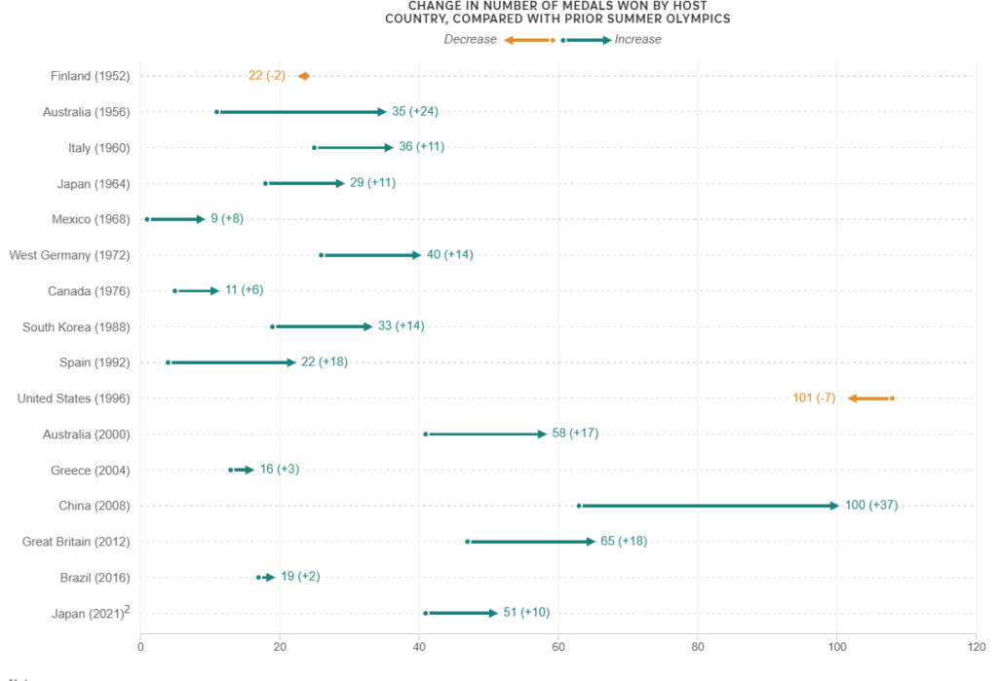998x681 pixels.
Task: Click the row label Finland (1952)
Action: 90,76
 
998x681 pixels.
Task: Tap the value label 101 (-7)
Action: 814,398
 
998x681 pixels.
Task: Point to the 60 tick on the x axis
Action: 558,645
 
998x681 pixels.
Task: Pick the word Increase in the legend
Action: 638,40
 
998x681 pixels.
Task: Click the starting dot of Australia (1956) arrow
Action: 216,112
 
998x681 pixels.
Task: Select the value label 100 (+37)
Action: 871,506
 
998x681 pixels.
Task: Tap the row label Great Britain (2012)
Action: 76,542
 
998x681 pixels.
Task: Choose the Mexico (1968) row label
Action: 89,219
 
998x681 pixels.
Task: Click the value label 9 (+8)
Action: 227,219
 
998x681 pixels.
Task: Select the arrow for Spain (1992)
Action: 232,362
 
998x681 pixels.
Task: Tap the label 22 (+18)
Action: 325,362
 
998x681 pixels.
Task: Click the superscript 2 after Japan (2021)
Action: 127,609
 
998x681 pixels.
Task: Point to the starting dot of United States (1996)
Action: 892,398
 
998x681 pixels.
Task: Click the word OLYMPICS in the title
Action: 696,19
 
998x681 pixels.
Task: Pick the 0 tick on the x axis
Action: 141,645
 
